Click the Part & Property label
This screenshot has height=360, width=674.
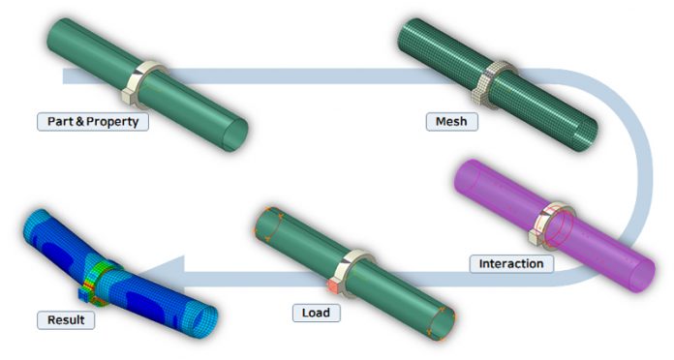tap(93, 122)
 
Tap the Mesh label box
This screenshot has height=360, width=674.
tap(452, 122)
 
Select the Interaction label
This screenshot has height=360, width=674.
tap(511, 263)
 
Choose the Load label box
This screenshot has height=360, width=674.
tap(316, 313)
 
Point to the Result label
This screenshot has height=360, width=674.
tap(66, 320)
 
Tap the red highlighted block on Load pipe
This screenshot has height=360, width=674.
tap(334, 285)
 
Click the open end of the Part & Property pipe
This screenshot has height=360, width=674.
tap(235, 135)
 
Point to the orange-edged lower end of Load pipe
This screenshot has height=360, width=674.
tap(443, 323)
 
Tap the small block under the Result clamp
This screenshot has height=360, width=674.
tap(84, 294)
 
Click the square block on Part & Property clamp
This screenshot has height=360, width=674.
tap(129, 96)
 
